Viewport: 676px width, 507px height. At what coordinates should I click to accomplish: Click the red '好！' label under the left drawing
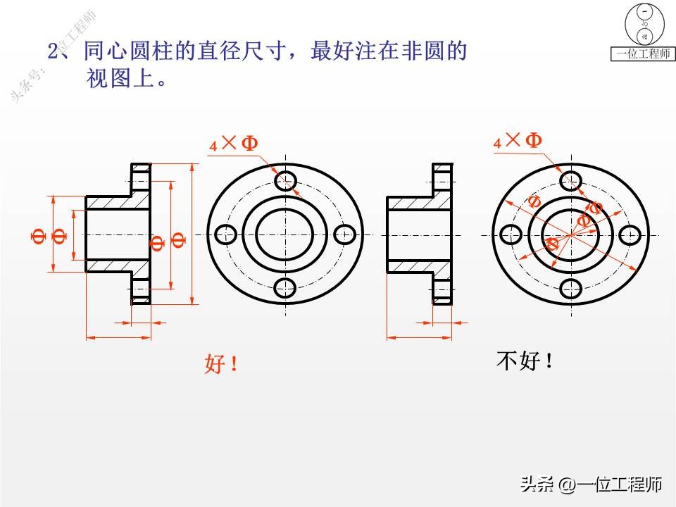click(221, 364)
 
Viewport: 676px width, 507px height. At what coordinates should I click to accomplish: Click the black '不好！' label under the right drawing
click(525, 361)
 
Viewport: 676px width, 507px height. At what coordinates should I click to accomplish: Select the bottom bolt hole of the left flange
click(286, 287)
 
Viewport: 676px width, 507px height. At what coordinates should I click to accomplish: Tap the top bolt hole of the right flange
click(569, 181)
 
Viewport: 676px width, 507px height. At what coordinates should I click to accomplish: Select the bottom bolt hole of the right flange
click(569, 288)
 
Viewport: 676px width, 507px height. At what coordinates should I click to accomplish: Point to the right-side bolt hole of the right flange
click(631, 234)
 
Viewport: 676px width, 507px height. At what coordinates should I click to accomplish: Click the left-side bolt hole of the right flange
click(508, 234)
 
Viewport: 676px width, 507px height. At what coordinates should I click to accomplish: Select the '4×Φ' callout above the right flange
click(518, 141)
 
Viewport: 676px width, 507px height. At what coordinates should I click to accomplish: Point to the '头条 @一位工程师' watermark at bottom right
click(591, 484)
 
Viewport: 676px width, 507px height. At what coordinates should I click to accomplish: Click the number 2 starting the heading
click(53, 52)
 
